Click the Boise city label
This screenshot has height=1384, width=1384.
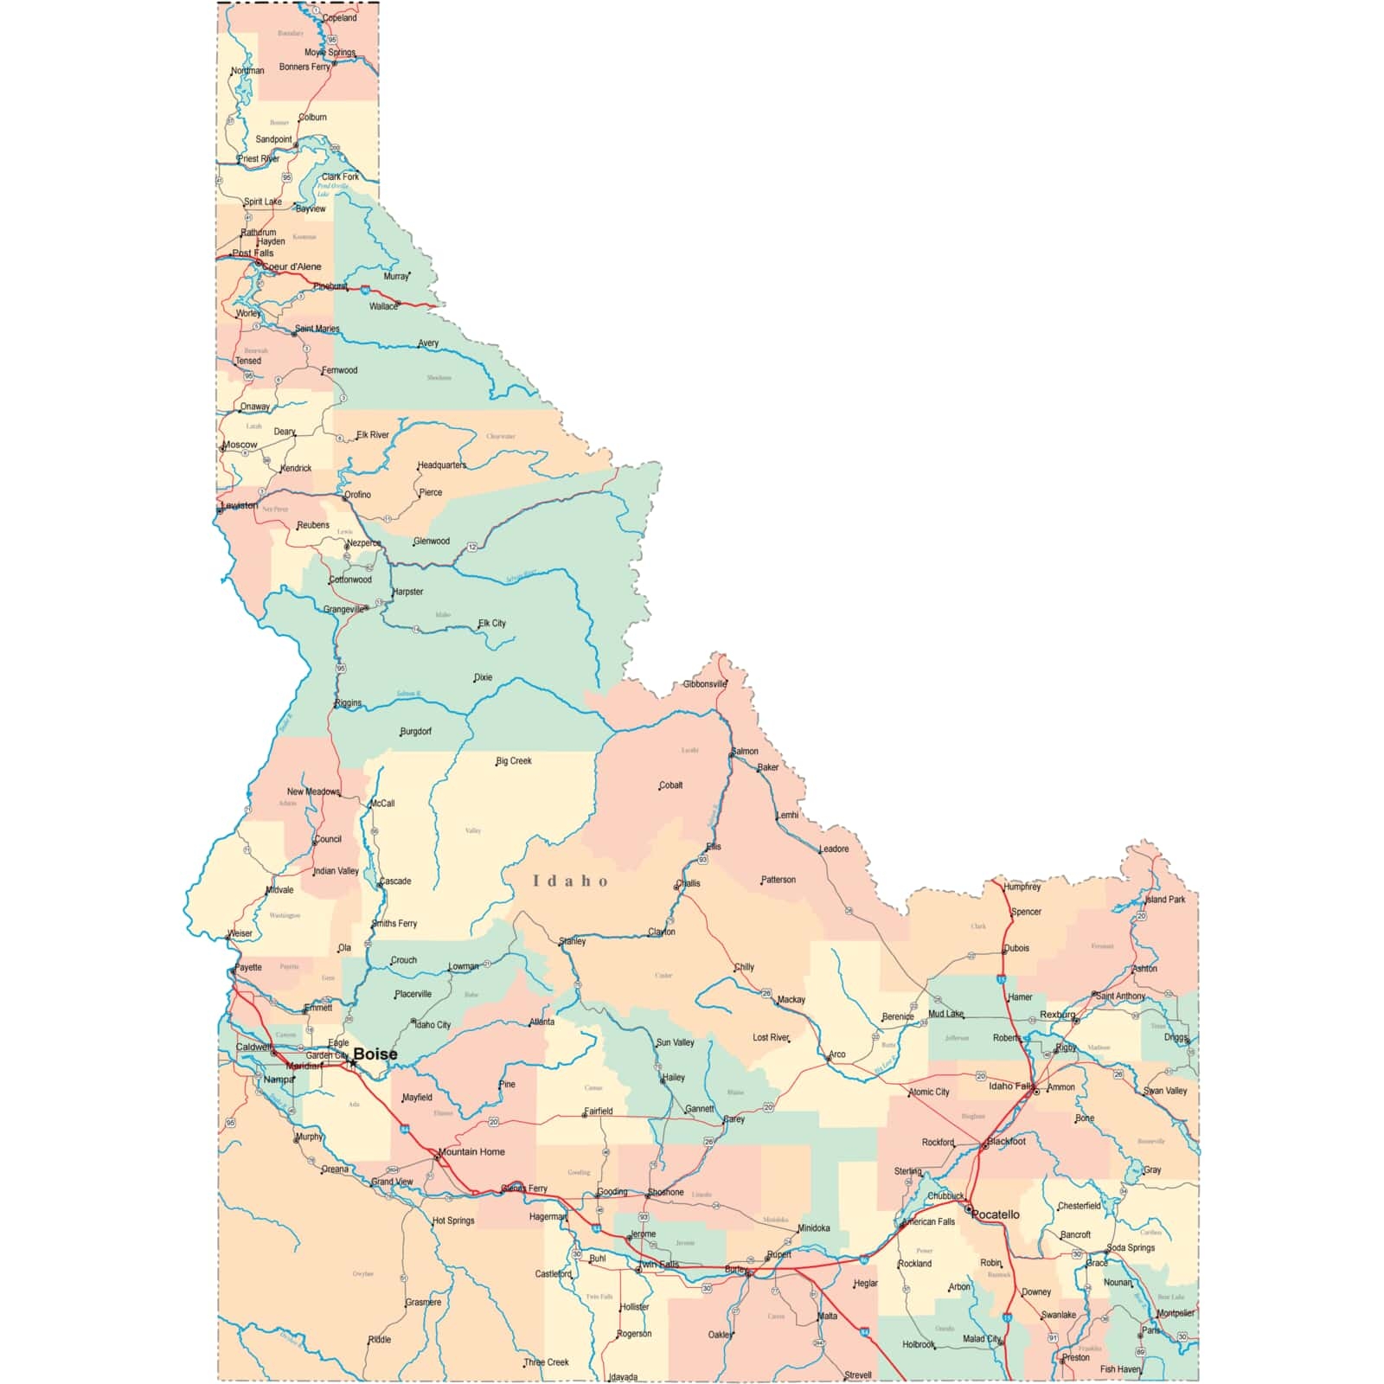(x=375, y=1054)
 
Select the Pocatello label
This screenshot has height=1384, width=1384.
(x=996, y=1214)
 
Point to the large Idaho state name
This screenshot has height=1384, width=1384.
(x=570, y=881)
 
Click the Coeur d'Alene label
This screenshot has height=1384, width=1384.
(x=292, y=266)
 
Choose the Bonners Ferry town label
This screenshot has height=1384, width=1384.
(x=304, y=67)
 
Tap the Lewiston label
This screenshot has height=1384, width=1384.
(x=239, y=505)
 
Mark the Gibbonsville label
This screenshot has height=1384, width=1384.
(x=705, y=684)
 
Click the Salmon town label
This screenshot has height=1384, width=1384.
(x=745, y=751)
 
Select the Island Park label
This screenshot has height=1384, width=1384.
(x=1165, y=900)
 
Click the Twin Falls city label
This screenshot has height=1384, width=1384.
(x=659, y=1265)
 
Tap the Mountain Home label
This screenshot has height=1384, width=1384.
(x=471, y=1151)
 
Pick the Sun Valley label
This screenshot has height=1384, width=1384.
(x=675, y=1042)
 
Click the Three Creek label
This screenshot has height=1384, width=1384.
(x=547, y=1362)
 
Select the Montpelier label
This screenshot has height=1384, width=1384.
(x=1176, y=1313)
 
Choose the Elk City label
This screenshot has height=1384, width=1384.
(x=492, y=623)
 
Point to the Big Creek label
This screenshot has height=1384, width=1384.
(x=514, y=761)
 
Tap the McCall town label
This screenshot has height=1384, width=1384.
(x=382, y=804)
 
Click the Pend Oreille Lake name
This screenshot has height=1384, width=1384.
(x=332, y=189)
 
